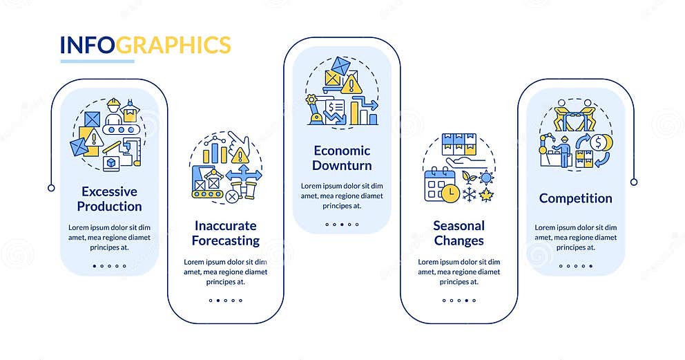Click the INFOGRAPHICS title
click(x=146, y=46)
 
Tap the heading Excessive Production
click(x=109, y=199)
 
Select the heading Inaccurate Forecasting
click(x=225, y=233)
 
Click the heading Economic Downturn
click(x=342, y=158)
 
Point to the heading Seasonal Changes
click(x=459, y=233)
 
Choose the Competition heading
click(x=575, y=198)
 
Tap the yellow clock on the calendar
click(x=450, y=193)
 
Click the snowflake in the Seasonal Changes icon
click(x=469, y=195)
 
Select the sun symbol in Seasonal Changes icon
click(x=486, y=178)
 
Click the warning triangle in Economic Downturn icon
click(x=351, y=84)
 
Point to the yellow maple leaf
click(x=486, y=195)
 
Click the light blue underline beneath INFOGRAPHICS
click(x=97, y=61)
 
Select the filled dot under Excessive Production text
click(x=95, y=266)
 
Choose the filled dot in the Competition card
click(x=590, y=266)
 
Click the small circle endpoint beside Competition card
click(x=634, y=182)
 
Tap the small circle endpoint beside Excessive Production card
click(x=51, y=188)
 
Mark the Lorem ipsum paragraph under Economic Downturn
click(x=342, y=196)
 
